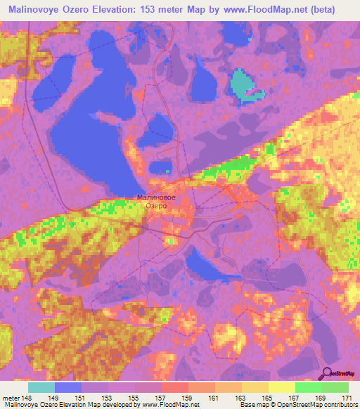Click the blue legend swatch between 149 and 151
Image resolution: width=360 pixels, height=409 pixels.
pos(69,387)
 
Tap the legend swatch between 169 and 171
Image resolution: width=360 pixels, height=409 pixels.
pos(335,387)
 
